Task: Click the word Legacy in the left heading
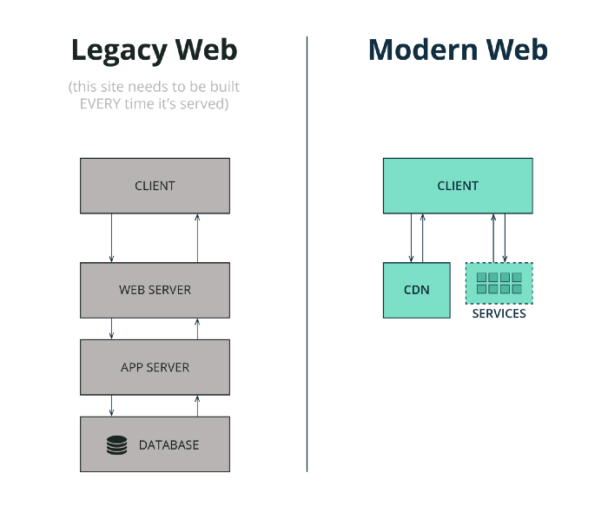[x=119, y=51]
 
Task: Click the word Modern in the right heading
[x=423, y=49]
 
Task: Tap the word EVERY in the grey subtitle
[x=100, y=104]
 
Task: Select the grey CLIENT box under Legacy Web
[x=155, y=186]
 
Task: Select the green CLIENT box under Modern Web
[x=458, y=186]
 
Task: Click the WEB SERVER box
[x=155, y=290]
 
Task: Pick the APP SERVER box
[x=155, y=367]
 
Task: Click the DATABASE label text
[x=169, y=445]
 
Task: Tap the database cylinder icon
[x=116, y=445]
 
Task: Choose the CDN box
[x=417, y=290]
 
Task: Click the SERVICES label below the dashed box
[x=499, y=313]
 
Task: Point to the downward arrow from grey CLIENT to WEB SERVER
[x=112, y=238]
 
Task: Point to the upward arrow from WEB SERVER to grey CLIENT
[x=197, y=238]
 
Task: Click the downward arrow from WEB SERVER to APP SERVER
[x=112, y=329]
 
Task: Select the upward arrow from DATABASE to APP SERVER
[x=197, y=406]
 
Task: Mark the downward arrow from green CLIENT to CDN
[x=412, y=238]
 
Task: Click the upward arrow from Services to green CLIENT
[x=493, y=238]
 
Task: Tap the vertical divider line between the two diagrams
[x=307, y=254]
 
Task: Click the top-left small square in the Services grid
[x=481, y=278]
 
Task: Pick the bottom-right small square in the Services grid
[x=517, y=289]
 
